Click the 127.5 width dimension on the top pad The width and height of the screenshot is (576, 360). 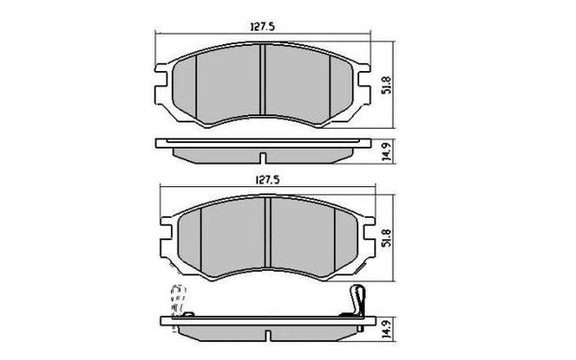click(261, 28)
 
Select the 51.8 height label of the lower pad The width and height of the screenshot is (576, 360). click(387, 236)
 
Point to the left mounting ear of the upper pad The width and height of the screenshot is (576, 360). click(163, 87)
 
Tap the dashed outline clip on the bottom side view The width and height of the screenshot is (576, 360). click(179, 301)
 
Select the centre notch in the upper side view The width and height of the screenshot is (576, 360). click(262, 156)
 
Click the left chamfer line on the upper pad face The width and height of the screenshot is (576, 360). click(197, 86)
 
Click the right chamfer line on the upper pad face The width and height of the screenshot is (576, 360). click(329, 86)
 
